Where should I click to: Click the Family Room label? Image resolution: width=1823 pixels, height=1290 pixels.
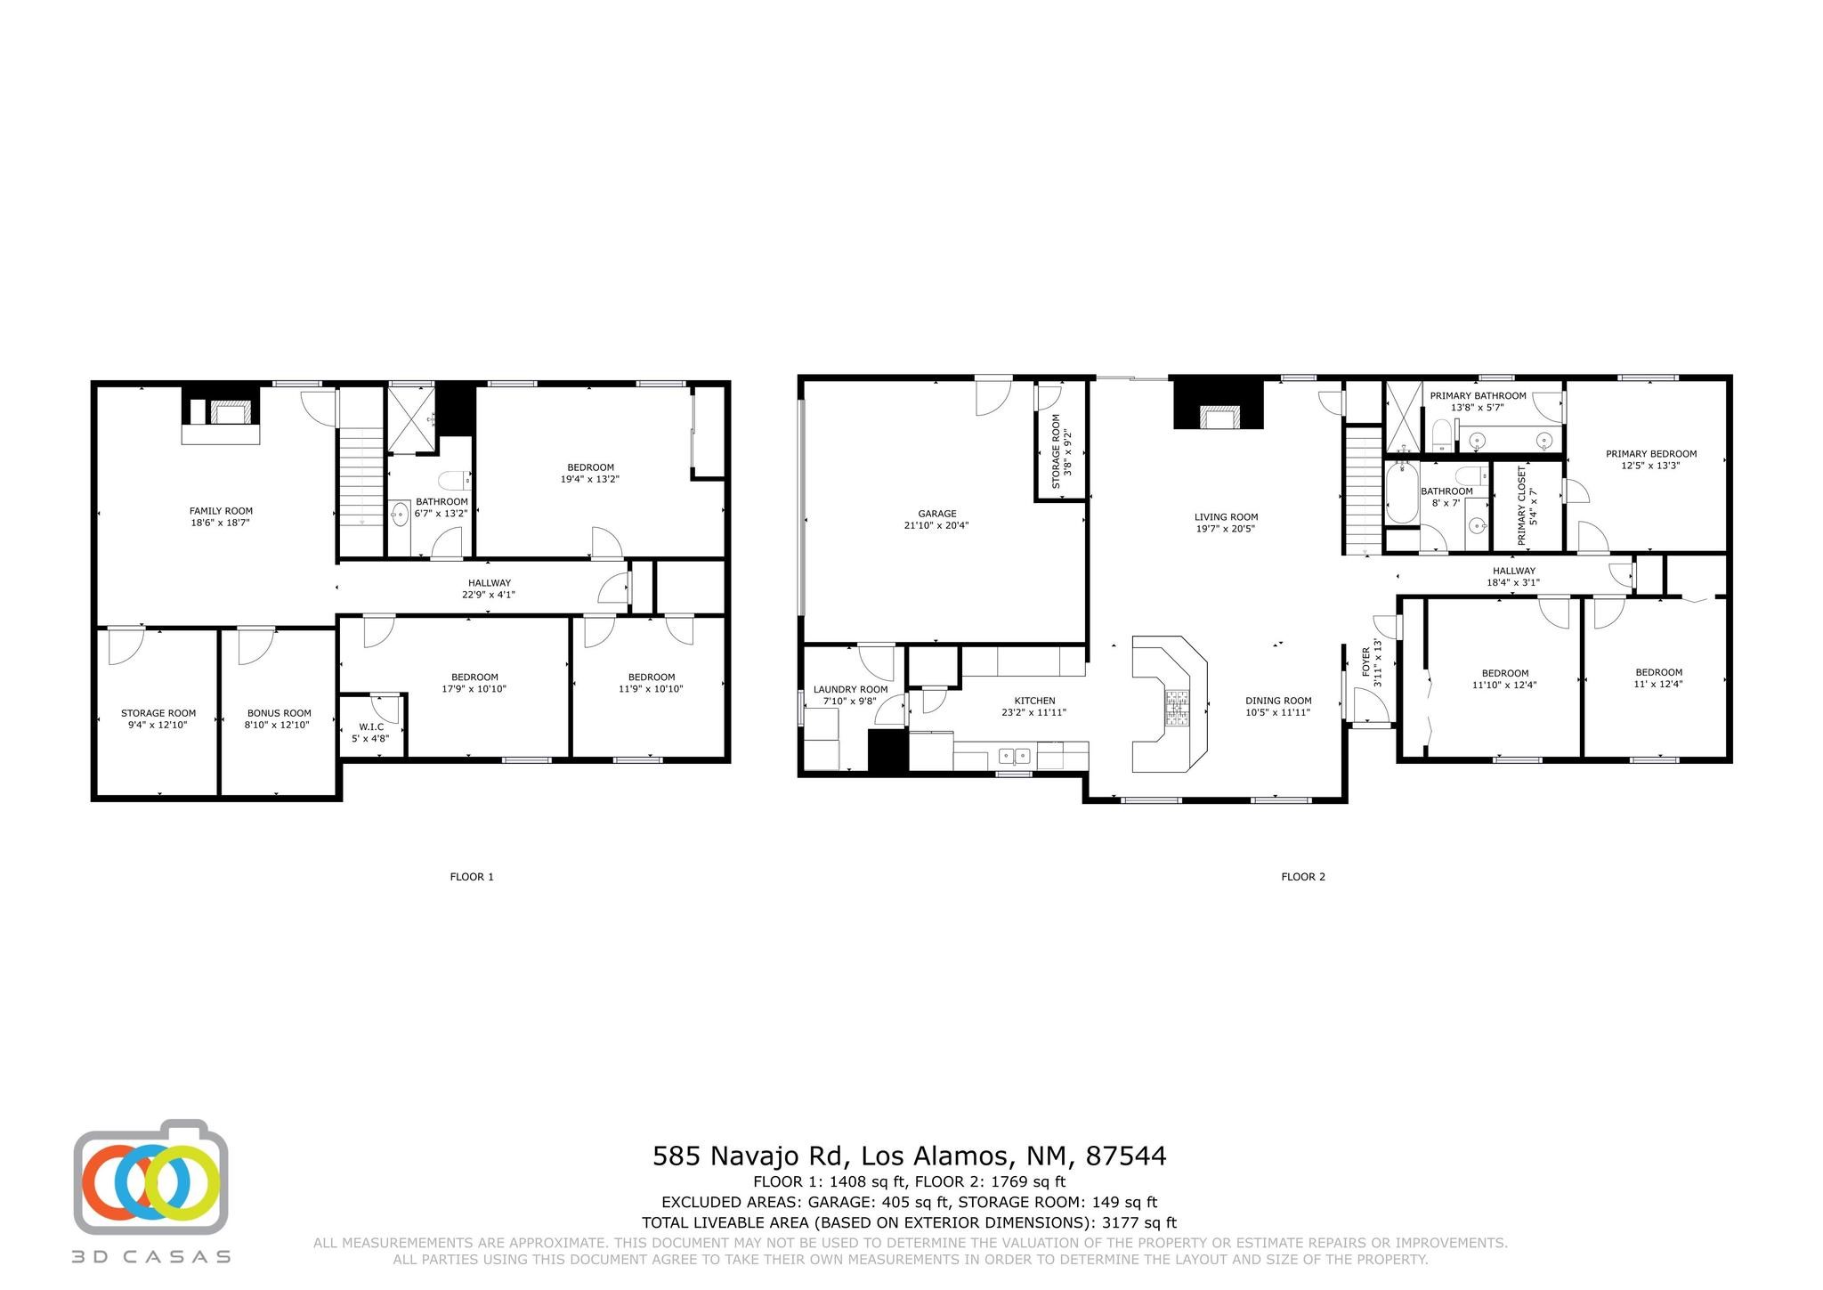pyautogui.click(x=221, y=516)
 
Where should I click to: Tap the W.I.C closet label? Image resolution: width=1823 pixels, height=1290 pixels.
pyautogui.click(x=371, y=732)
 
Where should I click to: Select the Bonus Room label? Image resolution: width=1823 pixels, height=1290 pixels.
pyautogui.click(x=279, y=718)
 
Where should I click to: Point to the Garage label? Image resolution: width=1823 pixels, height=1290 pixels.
pyautogui.click(x=936, y=519)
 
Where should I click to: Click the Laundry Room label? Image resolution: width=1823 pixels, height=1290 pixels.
pyautogui.click(x=850, y=694)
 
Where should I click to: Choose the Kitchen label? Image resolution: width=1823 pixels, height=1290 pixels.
pyautogui.click(x=1034, y=706)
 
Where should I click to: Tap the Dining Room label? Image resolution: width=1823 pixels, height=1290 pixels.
pyautogui.click(x=1278, y=706)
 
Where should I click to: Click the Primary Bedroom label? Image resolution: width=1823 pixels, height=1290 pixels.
pyautogui.click(x=1651, y=459)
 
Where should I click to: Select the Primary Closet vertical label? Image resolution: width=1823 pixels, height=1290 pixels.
pyautogui.click(x=1527, y=507)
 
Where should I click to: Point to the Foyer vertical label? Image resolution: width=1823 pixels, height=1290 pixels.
pyautogui.click(x=1373, y=662)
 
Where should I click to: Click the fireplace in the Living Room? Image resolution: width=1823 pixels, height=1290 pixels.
pyautogui.click(x=1219, y=405)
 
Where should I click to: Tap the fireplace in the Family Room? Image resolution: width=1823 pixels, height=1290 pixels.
pyautogui.click(x=222, y=415)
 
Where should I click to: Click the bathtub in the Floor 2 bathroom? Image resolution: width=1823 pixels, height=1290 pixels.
pyautogui.click(x=1400, y=491)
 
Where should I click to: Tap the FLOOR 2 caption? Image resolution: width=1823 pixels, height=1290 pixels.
pyautogui.click(x=1303, y=877)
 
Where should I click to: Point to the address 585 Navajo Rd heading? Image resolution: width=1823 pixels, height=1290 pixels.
pyautogui.click(x=910, y=1156)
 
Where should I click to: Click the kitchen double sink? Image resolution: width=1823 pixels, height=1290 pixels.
pyautogui.click(x=1015, y=757)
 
